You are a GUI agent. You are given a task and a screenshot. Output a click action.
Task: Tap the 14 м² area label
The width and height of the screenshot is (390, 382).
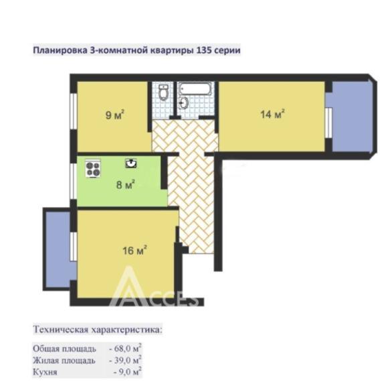pos(273,114)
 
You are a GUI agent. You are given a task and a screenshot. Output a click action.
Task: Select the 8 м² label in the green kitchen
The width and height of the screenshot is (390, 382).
pos(126,184)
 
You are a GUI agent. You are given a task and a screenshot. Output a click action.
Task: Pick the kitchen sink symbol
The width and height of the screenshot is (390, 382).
pos(130,162)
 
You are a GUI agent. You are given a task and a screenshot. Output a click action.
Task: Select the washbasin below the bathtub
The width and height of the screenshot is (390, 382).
pos(184,103)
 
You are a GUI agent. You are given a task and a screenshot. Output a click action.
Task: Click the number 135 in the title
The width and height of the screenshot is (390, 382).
pos(199,50)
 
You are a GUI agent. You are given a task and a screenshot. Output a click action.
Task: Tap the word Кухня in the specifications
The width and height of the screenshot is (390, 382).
pos(45,371)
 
